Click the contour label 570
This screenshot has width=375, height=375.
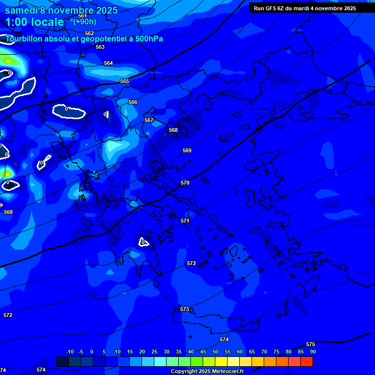click(185, 183)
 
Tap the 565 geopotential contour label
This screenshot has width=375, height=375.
click(125, 81)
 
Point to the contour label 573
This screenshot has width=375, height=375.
click(184, 309)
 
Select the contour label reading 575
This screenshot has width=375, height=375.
click(311, 344)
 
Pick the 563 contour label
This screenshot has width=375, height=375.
click(100, 47)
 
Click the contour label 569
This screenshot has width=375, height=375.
click(187, 150)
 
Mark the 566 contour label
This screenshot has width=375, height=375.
click(133, 102)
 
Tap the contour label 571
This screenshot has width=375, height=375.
click(185, 221)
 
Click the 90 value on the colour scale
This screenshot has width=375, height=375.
click(312, 352)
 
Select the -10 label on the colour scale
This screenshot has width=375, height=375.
click(69, 352)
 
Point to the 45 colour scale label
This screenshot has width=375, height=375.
click(203, 352)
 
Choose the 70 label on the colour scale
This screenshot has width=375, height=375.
click(264, 352)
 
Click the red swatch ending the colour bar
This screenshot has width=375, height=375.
click(307, 361)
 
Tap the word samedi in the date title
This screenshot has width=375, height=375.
click(21, 10)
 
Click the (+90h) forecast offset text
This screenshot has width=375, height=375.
click(84, 21)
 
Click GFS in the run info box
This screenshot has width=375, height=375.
click(271, 8)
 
